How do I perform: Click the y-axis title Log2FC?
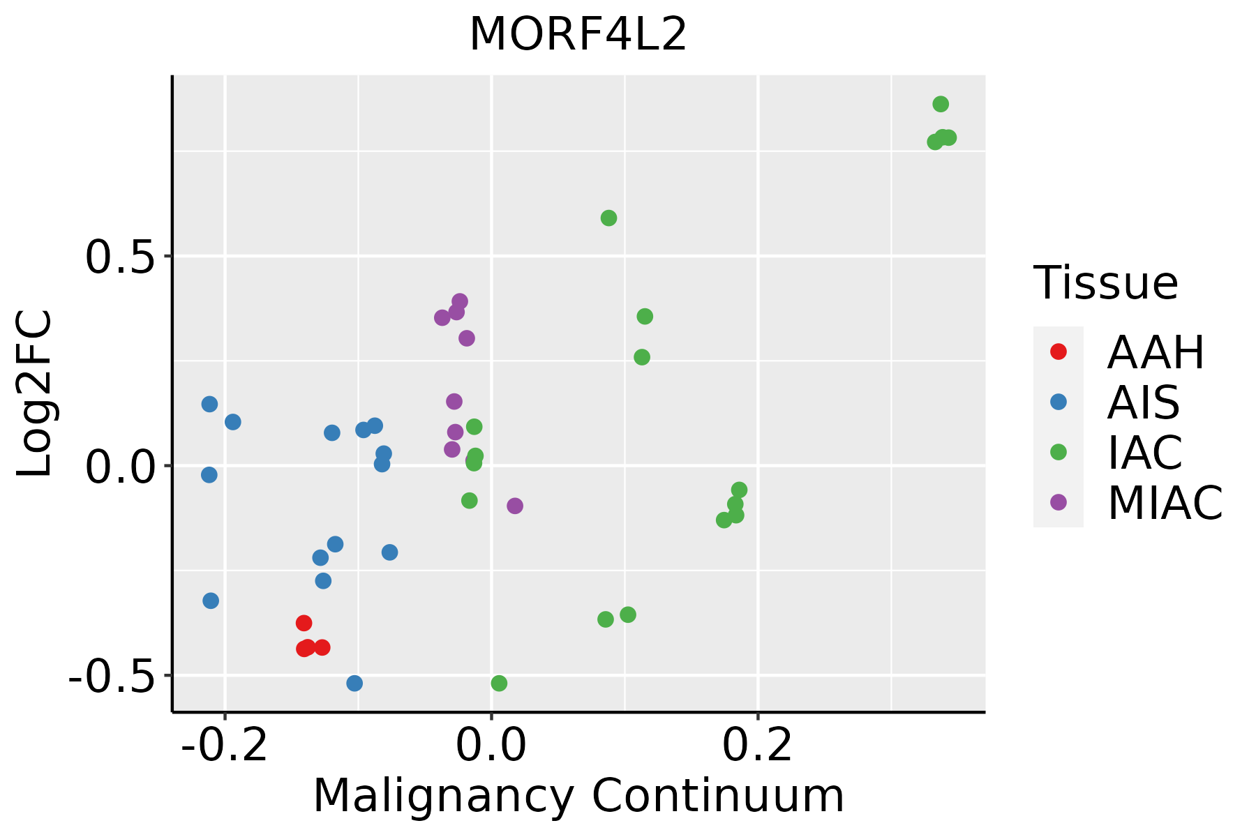[x=35, y=393]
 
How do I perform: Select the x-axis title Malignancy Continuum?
[x=578, y=796]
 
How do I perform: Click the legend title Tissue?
[x=1105, y=283]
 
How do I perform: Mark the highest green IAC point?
[x=941, y=105]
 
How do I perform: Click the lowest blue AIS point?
[x=354, y=684]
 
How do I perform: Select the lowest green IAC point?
[x=499, y=684]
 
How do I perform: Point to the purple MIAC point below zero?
[x=515, y=506]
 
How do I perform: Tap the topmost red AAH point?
[x=304, y=623]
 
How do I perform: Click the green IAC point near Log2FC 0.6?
[x=608, y=218]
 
